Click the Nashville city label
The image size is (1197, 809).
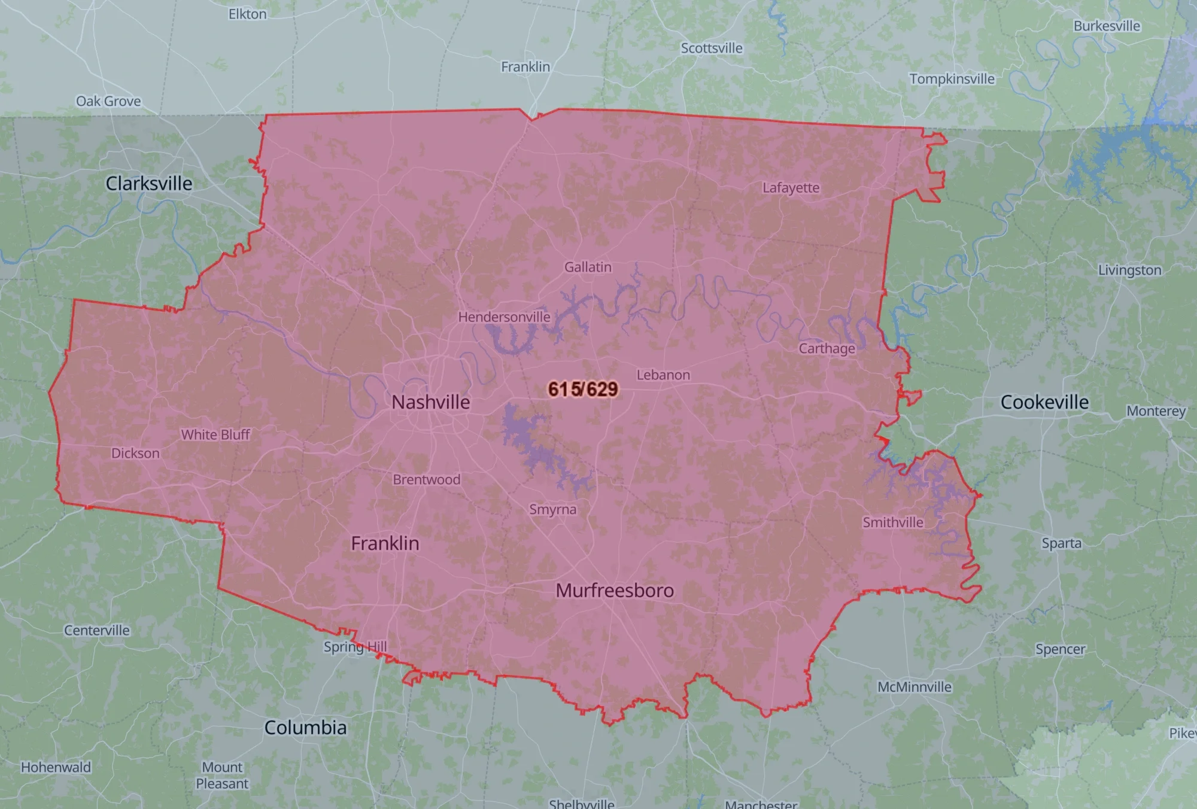[430, 402]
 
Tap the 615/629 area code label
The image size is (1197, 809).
[583, 389]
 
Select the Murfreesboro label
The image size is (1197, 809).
[615, 591]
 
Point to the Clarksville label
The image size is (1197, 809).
[149, 183]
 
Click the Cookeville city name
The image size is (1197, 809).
[1044, 402]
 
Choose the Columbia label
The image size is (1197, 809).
[305, 728]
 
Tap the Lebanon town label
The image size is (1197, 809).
[663, 375]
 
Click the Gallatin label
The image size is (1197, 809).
[588, 267]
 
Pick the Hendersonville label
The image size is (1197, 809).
[504, 317]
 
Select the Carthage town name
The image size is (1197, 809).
[827, 348]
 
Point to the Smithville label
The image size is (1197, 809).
[892, 522]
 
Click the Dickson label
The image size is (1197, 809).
[135, 454]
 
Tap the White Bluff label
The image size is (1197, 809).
[215, 434]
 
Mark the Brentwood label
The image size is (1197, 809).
[426, 479]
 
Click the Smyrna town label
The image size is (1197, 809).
[552, 509]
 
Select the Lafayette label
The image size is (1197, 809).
[791, 188]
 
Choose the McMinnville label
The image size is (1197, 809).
[914, 687]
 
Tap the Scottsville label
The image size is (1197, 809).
[711, 48]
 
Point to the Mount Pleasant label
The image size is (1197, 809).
[222, 775]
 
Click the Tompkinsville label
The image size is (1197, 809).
[952, 79]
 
